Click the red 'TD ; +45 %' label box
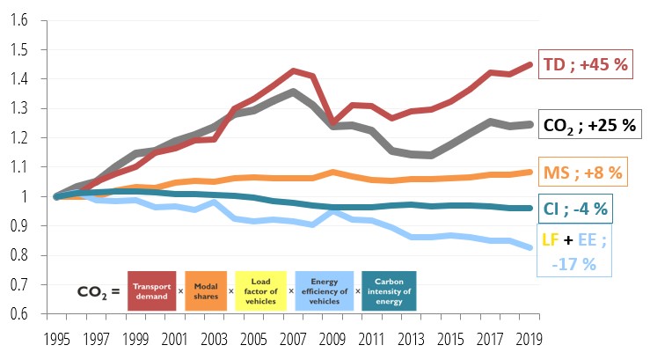click(589, 63)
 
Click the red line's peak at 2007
click(292, 70)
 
